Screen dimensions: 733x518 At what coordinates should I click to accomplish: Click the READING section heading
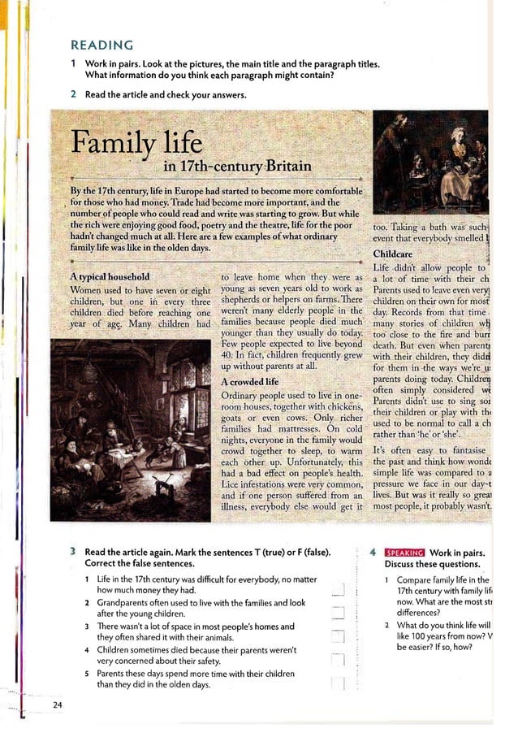pyautogui.click(x=101, y=45)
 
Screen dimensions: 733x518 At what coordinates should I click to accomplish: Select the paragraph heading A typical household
pyautogui.click(x=110, y=277)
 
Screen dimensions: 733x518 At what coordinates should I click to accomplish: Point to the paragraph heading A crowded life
pyautogui.click(x=249, y=381)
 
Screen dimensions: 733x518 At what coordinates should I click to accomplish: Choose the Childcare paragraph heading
pyautogui.click(x=392, y=254)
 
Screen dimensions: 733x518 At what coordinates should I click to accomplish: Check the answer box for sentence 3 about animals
pyautogui.click(x=339, y=632)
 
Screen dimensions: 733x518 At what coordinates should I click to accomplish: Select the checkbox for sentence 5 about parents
pyautogui.click(x=339, y=679)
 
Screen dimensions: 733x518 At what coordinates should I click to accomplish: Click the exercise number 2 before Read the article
pyautogui.click(x=73, y=94)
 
